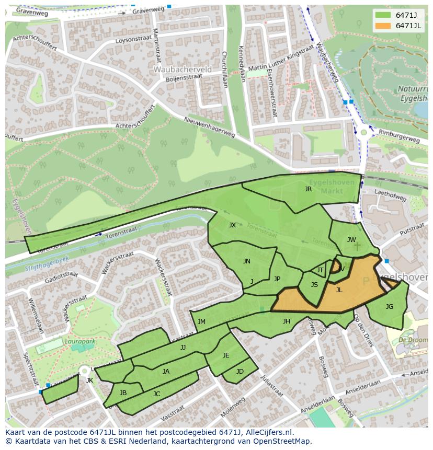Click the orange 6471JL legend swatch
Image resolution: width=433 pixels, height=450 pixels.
(384, 26)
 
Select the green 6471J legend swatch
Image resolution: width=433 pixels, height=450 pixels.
(384, 15)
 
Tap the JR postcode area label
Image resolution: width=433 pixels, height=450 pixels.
(308, 189)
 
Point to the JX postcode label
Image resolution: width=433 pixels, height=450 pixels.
(232, 225)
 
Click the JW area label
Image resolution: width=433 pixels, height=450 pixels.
(351, 240)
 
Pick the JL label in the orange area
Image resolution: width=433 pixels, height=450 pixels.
(339, 290)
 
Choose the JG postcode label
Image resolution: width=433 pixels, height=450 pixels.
(389, 307)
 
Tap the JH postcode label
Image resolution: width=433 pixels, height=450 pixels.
(286, 321)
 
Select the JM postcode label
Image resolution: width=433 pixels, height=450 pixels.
(201, 322)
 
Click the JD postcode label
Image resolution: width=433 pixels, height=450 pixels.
(240, 372)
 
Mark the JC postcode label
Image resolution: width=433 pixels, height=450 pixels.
(156, 394)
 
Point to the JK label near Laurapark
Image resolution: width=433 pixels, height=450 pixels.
(89, 380)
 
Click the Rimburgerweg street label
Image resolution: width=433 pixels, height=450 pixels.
(400, 140)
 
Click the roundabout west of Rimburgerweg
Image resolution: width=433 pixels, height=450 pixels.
(363, 132)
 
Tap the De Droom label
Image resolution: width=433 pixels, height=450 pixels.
(409, 340)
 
